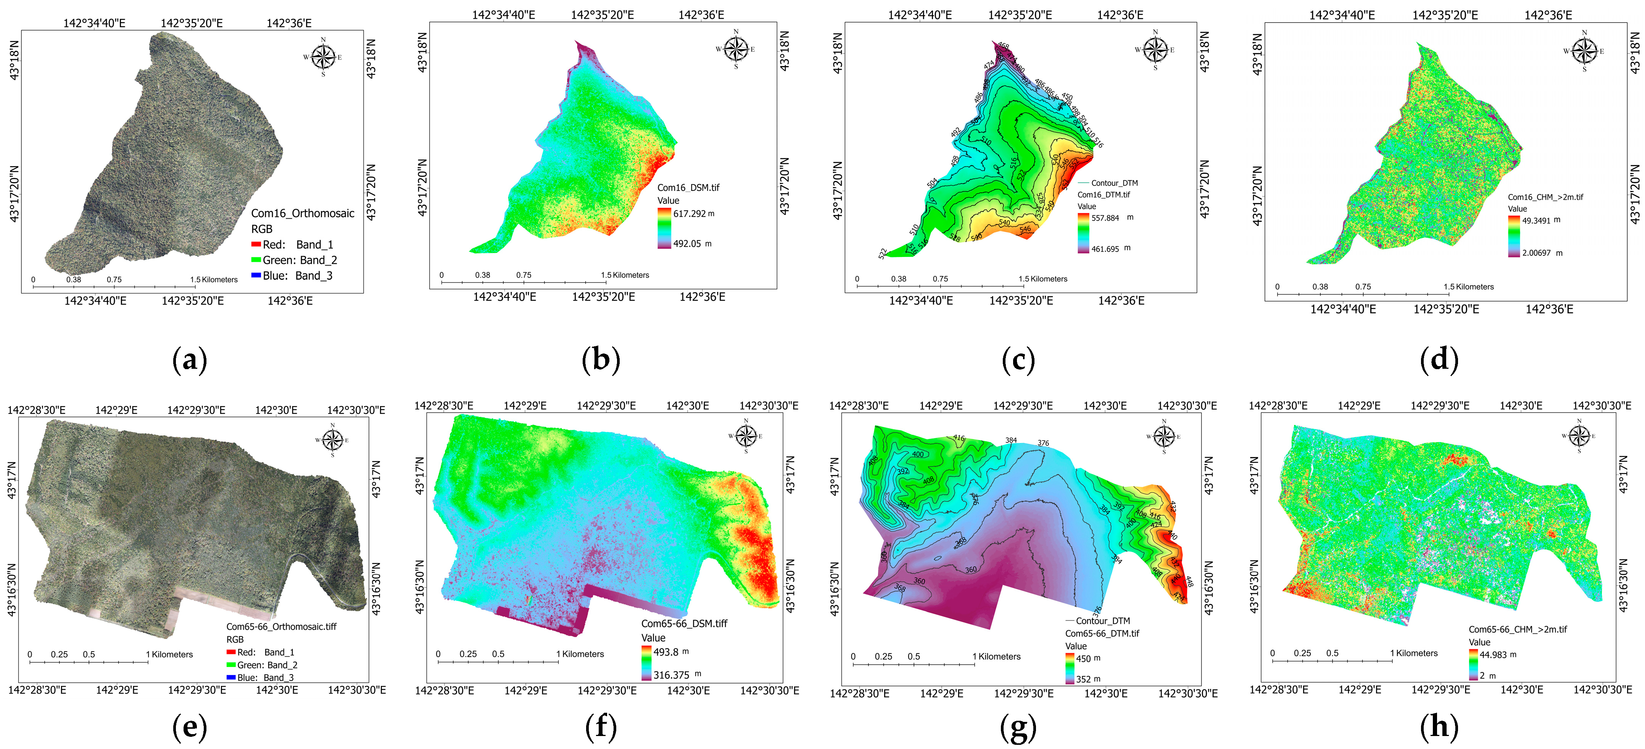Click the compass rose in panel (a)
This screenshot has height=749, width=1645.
point(323,57)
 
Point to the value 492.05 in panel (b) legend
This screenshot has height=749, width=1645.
point(687,244)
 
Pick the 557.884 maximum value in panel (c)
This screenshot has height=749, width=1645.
point(1105,218)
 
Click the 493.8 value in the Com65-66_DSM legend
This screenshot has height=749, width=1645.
point(665,652)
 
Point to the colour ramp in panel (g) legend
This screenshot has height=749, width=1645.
point(1070,668)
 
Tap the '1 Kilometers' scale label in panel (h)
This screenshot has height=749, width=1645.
point(1414,653)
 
